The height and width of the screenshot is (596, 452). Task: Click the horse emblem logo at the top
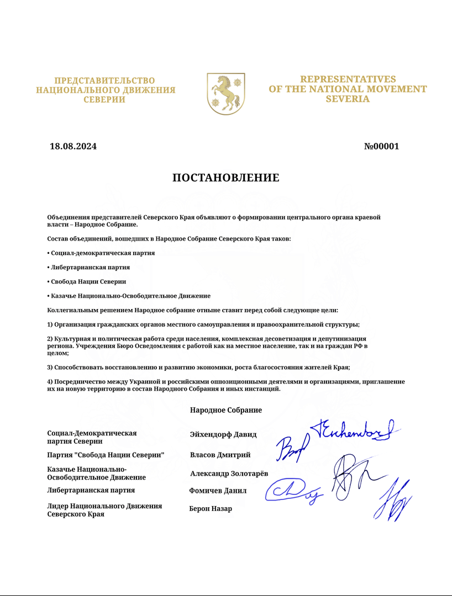click(x=225, y=93)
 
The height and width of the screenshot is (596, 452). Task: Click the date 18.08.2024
click(x=73, y=146)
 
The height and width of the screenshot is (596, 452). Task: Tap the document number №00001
click(x=381, y=146)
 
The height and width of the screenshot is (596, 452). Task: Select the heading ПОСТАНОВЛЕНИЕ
click(x=226, y=178)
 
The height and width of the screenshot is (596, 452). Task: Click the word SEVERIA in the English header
click(x=348, y=99)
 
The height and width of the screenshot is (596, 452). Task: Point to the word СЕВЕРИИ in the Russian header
click(x=104, y=100)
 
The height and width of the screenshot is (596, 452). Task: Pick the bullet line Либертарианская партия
click(x=90, y=267)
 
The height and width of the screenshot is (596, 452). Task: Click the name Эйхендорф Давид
click(x=223, y=434)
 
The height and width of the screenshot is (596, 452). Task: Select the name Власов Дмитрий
click(x=220, y=455)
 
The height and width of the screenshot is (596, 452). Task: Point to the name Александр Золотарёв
click(x=229, y=473)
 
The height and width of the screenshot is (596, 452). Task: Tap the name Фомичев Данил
click(x=218, y=491)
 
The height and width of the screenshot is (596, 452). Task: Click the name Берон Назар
click(x=211, y=509)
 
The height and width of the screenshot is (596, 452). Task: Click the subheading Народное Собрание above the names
click(x=225, y=411)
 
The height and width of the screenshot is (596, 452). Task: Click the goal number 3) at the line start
click(x=50, y=367)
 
